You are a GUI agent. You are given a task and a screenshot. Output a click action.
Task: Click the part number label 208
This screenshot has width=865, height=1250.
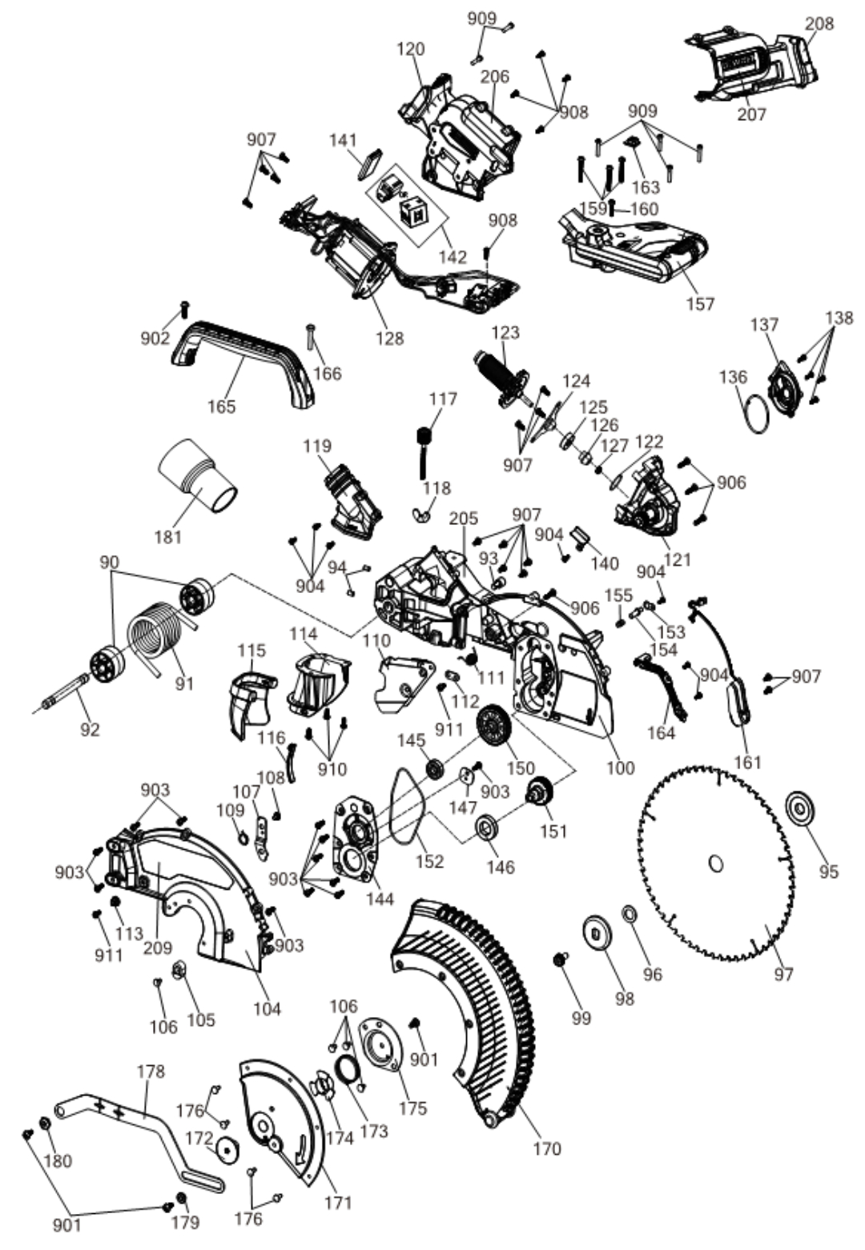pyautogui.click(x=819, y=24)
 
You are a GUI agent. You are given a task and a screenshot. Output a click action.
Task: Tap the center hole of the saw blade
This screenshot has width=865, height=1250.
pyautogui.click(x=717, y=864)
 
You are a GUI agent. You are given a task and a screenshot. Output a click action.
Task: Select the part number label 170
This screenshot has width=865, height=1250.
pyautogui.click(x=546, y=1149)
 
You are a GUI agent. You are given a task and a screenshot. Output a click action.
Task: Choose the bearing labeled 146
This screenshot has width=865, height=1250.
pyautogui.click(x=485, y=827)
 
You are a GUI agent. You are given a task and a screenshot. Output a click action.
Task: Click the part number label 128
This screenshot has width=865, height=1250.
pyautogui.click(x=390, y=339)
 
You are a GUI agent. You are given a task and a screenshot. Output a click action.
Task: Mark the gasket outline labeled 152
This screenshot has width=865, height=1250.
pyautogui.click(x=408, y=808)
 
